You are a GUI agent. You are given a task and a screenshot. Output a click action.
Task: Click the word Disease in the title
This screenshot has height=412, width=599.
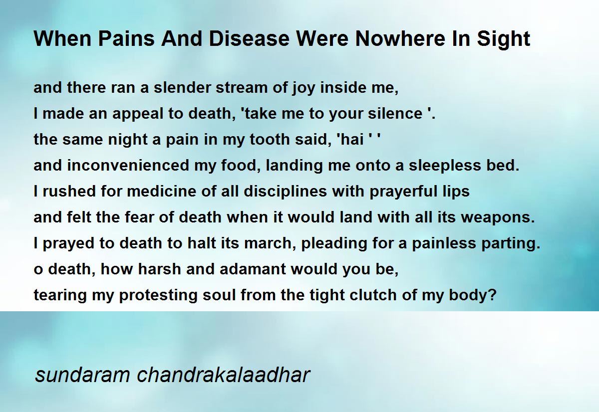[249, 38]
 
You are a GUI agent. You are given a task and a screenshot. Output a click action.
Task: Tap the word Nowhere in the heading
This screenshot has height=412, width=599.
[400, 38]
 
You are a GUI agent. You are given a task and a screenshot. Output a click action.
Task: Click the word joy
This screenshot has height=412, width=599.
[303, 89]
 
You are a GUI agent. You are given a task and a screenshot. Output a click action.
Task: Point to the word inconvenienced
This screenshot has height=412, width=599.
[128, 165]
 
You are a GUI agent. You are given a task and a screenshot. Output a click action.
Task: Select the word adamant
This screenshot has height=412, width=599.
[253, 269]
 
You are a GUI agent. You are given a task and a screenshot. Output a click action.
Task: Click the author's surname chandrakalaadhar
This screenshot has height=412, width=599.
[223, 375]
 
